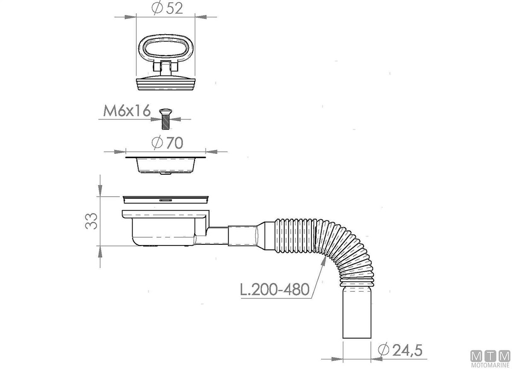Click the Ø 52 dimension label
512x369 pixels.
pos(167,8)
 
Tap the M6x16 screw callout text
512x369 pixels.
pos(127,111)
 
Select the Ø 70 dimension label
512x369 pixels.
pos(168,143)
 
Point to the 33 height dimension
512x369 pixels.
pos(91,221)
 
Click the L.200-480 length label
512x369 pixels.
pos(275,290)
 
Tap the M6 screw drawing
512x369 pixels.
pos(166,119)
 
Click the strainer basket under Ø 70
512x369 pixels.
pos(166,164)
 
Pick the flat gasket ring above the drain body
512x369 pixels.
pos(166,199)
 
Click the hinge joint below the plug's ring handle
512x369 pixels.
pos(166,67)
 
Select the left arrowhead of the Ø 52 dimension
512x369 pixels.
pos(130,17)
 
